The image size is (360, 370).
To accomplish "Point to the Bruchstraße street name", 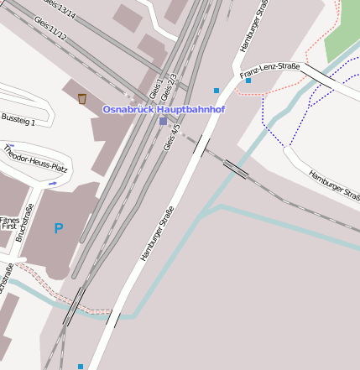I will click(26, 223).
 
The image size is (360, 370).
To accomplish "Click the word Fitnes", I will click(8, 220).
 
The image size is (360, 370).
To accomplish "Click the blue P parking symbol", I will click(58, 228).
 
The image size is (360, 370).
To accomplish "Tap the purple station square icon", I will click(163, 121).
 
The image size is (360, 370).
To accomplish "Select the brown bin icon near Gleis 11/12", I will click(82, 99).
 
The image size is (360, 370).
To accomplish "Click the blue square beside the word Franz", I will click(248, 81).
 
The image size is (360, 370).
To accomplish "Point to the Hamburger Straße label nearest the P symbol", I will click(158, 232).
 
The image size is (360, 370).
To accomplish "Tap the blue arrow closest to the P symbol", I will click(53, 183).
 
